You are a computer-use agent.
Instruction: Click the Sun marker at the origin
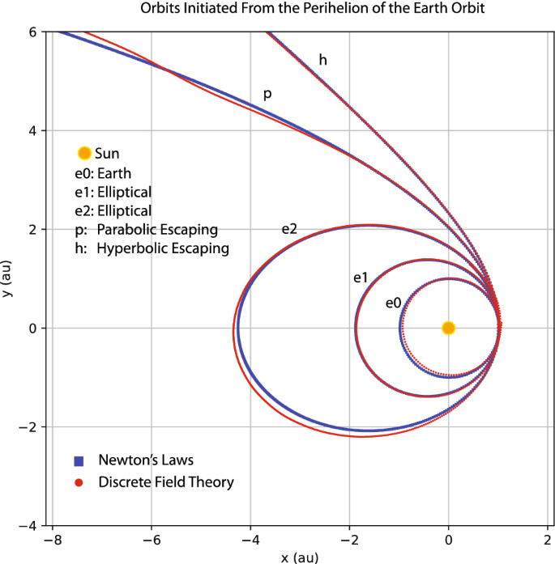pos(448,328)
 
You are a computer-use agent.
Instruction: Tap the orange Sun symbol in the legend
pos(83,153)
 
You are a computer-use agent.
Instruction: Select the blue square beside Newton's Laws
pos(79,461)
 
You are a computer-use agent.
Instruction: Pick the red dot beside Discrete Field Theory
pos(79,483)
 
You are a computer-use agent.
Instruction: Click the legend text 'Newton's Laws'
pos(145,460)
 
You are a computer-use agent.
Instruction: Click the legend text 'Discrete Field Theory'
pos(165,482)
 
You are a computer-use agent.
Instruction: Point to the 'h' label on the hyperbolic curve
pos(322,60)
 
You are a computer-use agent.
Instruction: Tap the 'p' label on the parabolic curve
pos(267,95)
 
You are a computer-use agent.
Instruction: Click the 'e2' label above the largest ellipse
pos(289,229)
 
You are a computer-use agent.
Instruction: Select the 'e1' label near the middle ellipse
pos(361,278)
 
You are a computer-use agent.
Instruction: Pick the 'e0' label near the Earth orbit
pos(393,303)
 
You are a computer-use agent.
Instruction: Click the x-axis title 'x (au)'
pos(301,557)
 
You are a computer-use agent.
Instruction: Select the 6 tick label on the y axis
pos(33,32)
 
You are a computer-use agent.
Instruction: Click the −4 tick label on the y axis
pos(30,525)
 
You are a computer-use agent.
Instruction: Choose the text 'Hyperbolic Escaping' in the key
pos(162,248)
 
